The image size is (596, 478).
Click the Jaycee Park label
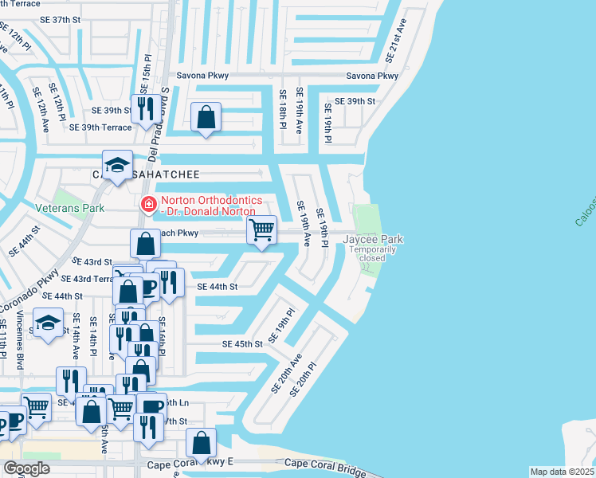pos(373,239)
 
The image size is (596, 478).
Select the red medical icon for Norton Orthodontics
pos(147,205)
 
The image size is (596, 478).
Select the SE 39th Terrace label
pos(100,127)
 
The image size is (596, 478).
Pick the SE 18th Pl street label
pos(282,108)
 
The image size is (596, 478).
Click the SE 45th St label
pos(241,344)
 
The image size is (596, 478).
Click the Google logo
pos(26,468)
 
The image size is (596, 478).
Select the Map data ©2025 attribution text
pos(563,472)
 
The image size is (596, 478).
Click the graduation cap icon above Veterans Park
pos(117,165)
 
